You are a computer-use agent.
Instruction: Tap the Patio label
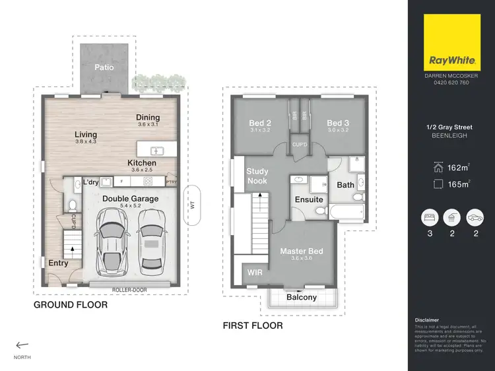tap(104, 67)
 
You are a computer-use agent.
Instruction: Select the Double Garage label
tap(131, 198)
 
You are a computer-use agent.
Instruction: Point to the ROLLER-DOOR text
tap(130, 290)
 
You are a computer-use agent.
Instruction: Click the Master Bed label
tap(302, 251)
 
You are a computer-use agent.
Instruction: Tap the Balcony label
tap(302, 297)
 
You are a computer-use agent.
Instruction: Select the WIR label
tap(254, 272)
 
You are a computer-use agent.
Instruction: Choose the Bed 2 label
tap(260, 123)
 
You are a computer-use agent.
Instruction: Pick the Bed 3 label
tap(338, 123)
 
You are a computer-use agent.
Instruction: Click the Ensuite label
tap(309, 199)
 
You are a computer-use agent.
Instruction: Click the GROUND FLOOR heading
tap(71, 305)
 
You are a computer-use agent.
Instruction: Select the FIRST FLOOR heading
tap(253, 325)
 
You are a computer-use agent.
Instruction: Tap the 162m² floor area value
tap(456, 168)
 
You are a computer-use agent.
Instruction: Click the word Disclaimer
tap(426, 320)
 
